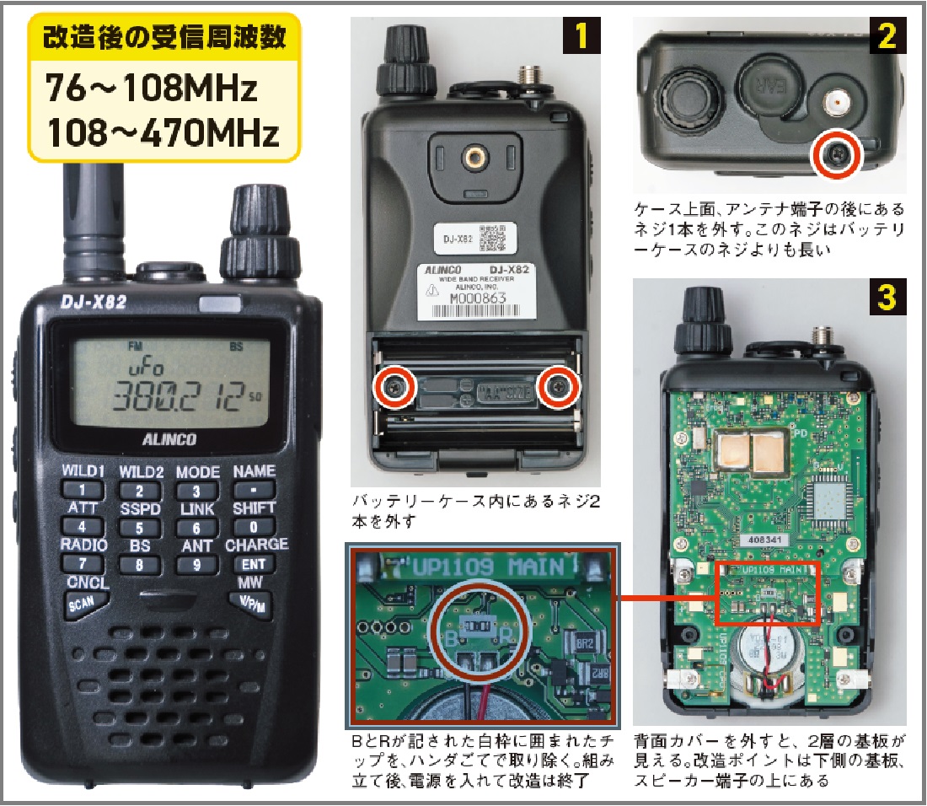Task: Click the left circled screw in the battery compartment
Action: coord(394,387)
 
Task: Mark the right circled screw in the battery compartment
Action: coord(559,387)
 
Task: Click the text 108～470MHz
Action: coord(162,132)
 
